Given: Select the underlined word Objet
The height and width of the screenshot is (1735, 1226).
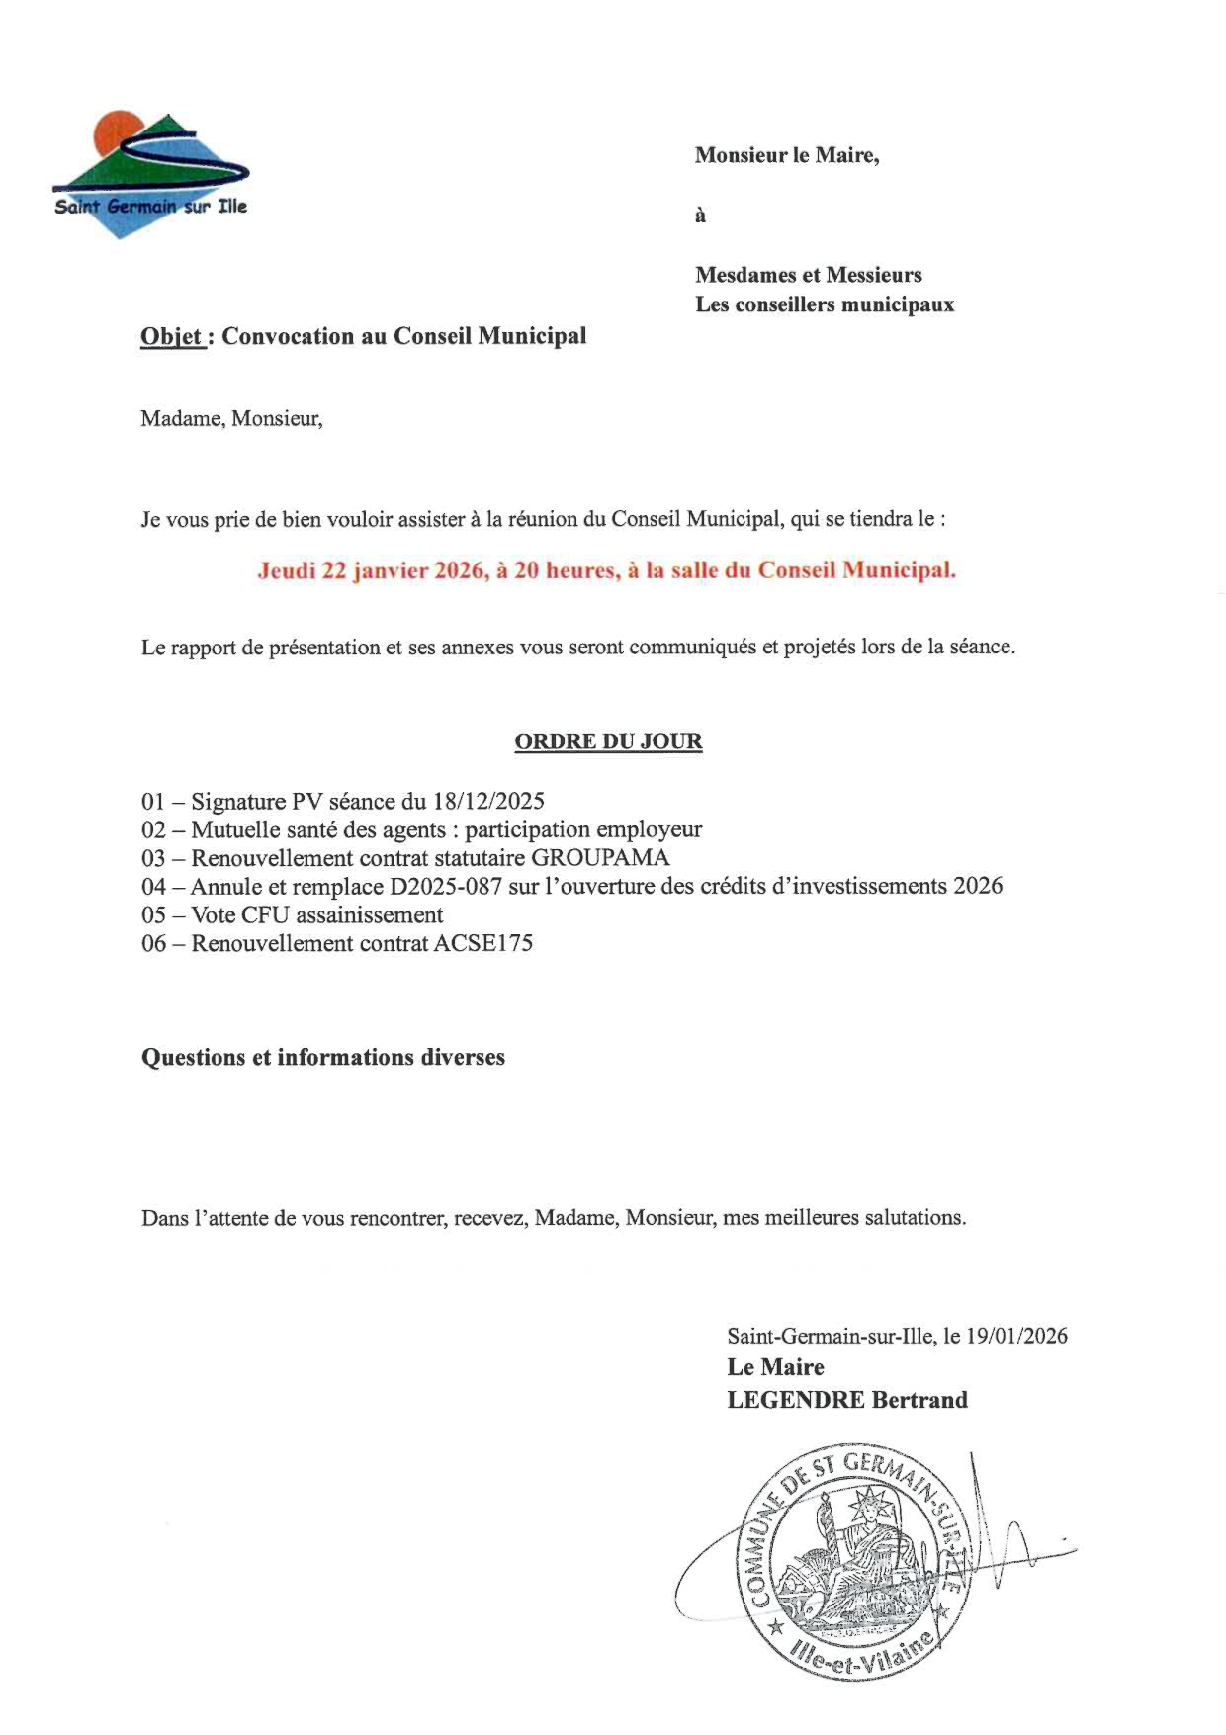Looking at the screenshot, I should tap(172, 337).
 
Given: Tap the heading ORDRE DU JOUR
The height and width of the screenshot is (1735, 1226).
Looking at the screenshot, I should tap(608, 741).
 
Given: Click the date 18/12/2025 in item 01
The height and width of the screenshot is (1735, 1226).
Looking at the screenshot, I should tap(488, 801).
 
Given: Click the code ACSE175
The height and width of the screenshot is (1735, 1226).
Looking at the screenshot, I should tap(482, 943).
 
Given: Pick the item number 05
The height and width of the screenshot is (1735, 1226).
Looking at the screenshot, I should tap(154, 914).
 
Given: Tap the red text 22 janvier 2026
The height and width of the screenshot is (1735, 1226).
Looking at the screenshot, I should tap(403, 570).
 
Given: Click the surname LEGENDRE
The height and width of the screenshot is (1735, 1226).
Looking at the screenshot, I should tap(795, 1400).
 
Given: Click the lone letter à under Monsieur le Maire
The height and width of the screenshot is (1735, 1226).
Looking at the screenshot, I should tap(700, 216).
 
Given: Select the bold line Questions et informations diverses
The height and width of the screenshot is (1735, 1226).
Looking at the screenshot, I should tap(323, 1057).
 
